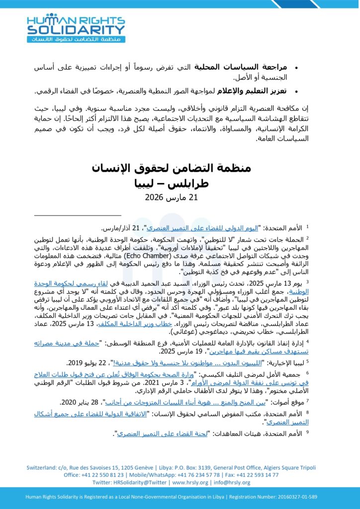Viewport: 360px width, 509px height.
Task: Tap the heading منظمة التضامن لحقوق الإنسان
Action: click(180, 168)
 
